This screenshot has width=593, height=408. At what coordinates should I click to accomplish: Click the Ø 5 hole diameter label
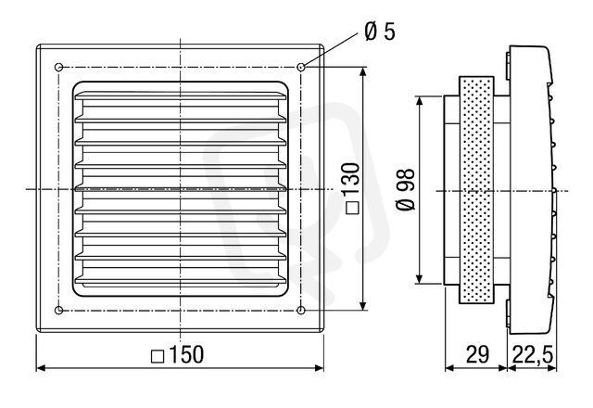[380, 31]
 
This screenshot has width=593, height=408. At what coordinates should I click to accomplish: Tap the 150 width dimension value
[186, 354]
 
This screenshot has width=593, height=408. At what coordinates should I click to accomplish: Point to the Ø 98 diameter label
[405, 190]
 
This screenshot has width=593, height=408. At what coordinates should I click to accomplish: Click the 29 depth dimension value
[477, 354]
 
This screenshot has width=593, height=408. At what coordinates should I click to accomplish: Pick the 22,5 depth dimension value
[533, 355]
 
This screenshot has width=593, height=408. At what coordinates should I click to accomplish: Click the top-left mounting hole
[58, 68]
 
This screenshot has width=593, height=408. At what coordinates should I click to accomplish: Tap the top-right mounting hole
[300, 68]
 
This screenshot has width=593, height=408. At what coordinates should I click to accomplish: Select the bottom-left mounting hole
[58, 311]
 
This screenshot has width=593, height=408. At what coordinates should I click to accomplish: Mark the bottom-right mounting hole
[300, 311]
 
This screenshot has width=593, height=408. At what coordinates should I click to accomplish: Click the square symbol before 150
[158, 356]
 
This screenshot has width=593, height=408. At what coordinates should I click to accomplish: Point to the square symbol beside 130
[352, 208]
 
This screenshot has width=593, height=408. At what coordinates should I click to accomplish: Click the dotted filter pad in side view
[476, 189]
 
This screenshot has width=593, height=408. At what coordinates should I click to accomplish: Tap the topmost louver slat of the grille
[181, 96]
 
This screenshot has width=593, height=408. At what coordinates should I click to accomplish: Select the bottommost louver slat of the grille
[181, 280]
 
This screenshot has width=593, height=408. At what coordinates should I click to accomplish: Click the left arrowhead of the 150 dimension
[41, 368]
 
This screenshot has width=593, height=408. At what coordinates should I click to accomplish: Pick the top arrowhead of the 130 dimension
[363, 72]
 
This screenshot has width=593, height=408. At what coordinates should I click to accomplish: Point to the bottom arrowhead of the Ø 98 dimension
[419, 278]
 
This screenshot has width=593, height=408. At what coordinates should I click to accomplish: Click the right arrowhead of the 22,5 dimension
[552, 368]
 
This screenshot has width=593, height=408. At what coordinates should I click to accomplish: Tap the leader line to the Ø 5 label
[330, 49]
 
